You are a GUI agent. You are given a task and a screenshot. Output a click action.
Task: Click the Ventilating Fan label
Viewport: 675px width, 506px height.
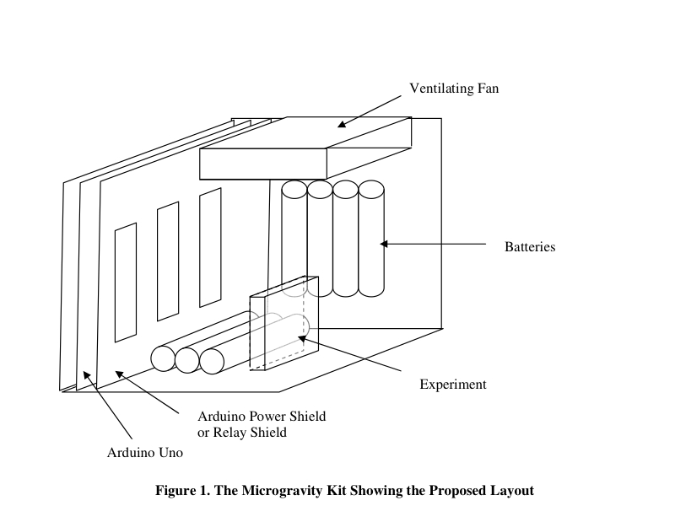(x=454, y=89)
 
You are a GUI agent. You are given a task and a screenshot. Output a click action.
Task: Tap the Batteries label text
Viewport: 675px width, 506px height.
(x=530, y=247)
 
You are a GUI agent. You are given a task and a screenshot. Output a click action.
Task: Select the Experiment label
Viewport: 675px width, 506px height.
(x=453, y=385)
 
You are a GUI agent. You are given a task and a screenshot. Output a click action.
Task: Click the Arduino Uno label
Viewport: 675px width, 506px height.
(x=145, y=453)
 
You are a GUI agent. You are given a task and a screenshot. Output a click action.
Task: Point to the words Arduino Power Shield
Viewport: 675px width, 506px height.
(x=262, y=417)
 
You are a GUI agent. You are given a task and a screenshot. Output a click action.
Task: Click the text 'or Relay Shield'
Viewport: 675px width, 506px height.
(x=242, y=433)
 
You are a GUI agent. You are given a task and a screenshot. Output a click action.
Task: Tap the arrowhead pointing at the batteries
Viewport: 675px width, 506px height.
(x=384, y=244)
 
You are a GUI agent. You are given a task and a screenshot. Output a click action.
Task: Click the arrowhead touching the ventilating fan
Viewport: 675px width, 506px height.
(x=343, y=124)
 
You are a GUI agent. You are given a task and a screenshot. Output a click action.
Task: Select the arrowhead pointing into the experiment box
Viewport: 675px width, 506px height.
(x=303, y=339)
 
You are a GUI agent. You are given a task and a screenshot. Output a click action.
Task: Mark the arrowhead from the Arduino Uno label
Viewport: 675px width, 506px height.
(x=87, y=376)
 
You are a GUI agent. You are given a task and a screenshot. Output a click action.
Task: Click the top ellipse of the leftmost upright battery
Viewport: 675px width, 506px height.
(x=294, y=189)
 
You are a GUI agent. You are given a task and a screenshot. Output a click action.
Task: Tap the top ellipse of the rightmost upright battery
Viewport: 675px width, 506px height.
(x=371, y=189)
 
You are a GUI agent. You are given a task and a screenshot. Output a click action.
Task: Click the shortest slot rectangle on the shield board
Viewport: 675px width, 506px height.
(x=125, y=283)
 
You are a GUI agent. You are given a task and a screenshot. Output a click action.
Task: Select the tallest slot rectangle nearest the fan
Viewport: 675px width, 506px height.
(x=210, y=247)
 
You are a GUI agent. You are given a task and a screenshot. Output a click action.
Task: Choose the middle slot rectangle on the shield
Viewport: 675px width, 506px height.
(x=168, y=261)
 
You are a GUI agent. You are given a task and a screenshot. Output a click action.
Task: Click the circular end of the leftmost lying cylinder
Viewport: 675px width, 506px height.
(x=163, y=358)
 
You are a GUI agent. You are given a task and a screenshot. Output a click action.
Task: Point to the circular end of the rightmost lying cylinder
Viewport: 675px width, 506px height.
(x=212, y=361)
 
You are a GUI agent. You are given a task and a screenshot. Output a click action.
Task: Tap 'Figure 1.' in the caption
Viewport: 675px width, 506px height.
(x=183, y=491)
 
